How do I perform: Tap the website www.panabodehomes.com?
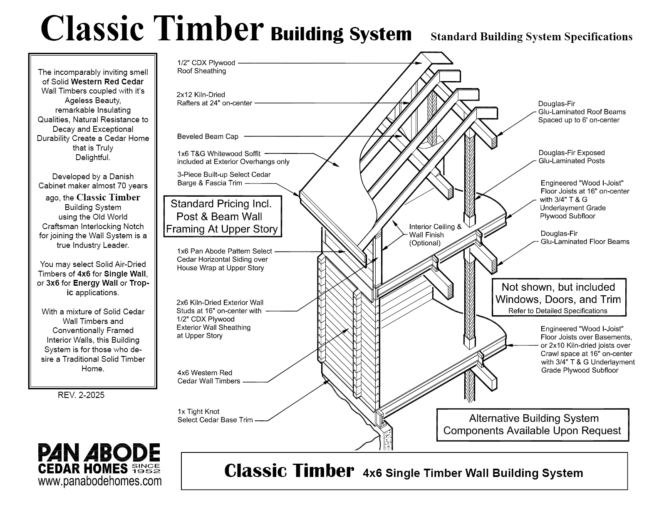pyautogui.click(x=100, y=482)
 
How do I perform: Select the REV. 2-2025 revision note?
pyautogui.click(x=81, y=395)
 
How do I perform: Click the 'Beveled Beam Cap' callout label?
pyautogui.click(x=208, y=136)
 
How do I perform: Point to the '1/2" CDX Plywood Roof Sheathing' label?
pyautogui.click(x=206, y=67)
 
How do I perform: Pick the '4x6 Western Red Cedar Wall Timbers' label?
pyautogui.click(x=209, y=377)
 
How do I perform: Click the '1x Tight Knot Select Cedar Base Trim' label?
pyautogui.click(x=215, y=416)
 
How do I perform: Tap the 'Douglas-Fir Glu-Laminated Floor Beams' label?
pyautogui.click(x=585, y=237)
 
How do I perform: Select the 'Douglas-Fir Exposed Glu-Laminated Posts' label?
pyautogui.click(x=572, y=157)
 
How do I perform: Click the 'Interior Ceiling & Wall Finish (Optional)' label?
pyautogui.click(x=435, y=235)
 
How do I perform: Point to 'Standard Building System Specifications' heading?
pyautogui.click(x=531, y=37)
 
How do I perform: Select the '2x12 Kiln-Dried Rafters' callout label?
pyautogui.click(x=214, y=99)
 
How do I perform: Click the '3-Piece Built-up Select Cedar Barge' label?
pyautogui.click(x=224, y=179)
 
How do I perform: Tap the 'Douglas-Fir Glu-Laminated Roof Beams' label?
pyautogui.click(x=582, y=112)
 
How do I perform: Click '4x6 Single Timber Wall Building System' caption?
pyautogui.click(x=473, y=473)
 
